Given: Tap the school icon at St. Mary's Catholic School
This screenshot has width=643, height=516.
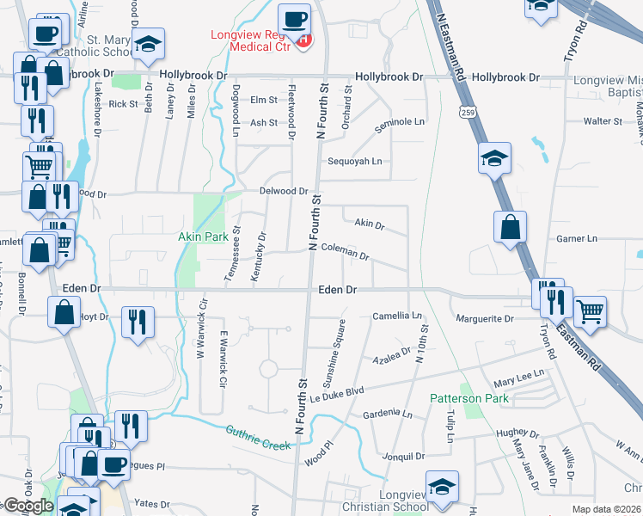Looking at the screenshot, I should (148, 45).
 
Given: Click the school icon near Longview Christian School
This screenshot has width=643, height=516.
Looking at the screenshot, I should (440, 487).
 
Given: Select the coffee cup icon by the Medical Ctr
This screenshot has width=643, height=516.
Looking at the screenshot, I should (297, 19).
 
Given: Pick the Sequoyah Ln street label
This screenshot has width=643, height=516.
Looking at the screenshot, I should (353, 162).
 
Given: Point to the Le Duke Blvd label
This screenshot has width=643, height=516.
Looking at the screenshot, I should (338, 391).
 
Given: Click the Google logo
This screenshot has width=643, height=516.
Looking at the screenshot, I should (28, 506).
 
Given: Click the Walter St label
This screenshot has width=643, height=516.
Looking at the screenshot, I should (603, 122).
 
